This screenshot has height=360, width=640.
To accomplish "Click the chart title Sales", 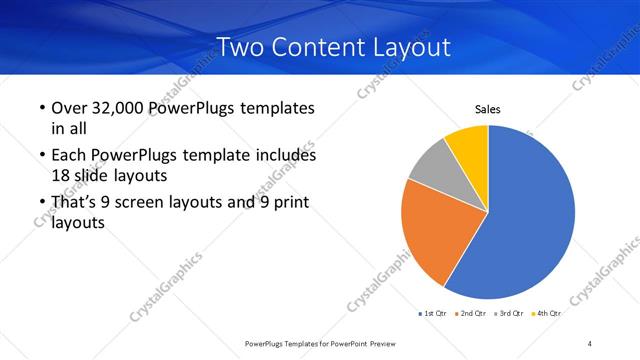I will tap(487, 110).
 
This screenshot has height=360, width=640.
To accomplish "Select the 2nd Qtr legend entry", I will tap(472, 314).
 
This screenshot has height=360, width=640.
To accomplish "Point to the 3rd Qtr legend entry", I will tap(510, 314).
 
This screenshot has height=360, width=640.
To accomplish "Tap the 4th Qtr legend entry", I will tap(546, 314).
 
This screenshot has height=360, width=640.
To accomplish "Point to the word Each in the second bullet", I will tap(70, 156).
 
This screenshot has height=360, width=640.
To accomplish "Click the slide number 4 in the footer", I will tap(589, 344).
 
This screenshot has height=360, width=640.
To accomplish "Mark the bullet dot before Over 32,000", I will tap(41, 108).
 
